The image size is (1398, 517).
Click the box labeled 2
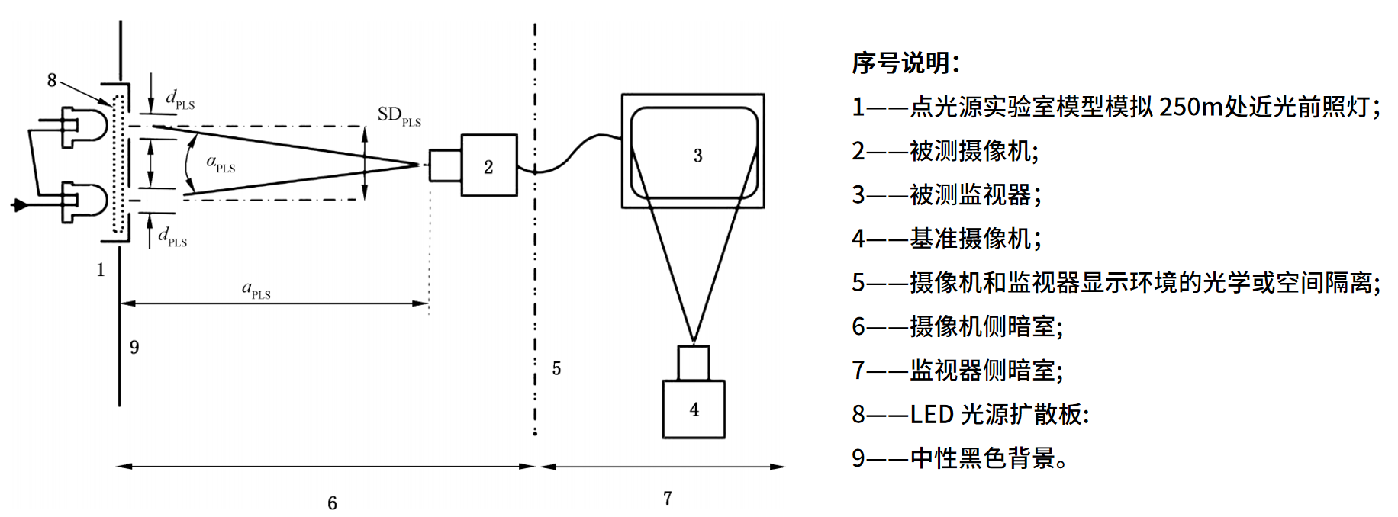pos(488,165)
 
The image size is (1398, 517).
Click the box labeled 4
pos(693,409)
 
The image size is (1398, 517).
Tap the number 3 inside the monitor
pos(697,156)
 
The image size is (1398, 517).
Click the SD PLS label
pos(399,116)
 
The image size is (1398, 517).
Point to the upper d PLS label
pos(180,100)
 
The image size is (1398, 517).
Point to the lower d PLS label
pos(172,237)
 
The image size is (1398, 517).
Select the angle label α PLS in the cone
pos(221,163)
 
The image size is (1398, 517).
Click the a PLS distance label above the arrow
pos(256,290)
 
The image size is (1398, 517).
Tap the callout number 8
pos(52,80)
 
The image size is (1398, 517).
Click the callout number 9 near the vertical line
pos(134,348)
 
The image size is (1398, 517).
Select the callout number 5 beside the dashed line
pos(556,369)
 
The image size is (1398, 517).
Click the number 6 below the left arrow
pos(332,503)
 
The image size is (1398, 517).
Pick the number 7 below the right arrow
pos(668,499)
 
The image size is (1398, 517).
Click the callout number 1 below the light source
pos(100,270)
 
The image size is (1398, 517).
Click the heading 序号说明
pos(905,63)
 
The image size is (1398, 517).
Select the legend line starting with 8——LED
pos(970,414)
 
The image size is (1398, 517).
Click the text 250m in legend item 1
pos(1190,107)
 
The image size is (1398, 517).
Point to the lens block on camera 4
pos(693,363)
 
